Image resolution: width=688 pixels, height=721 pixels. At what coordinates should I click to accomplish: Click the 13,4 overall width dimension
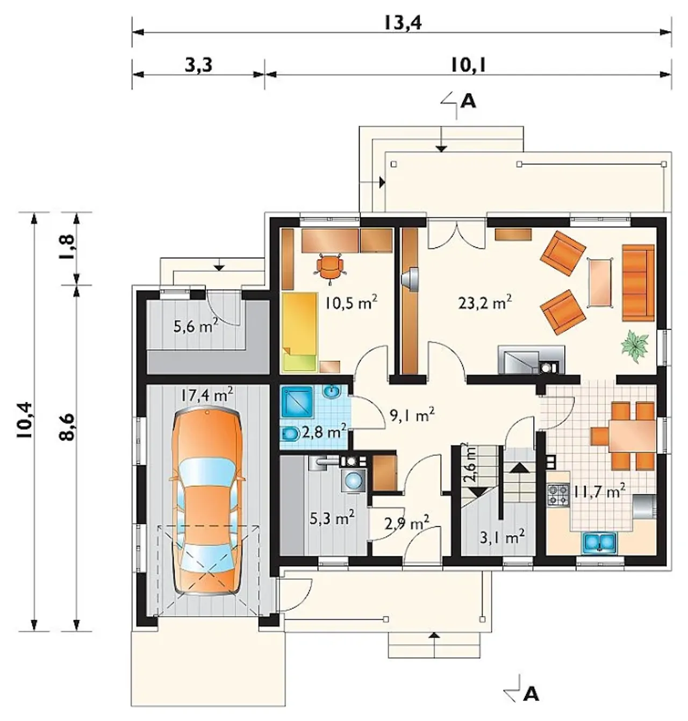[x=403, y=23]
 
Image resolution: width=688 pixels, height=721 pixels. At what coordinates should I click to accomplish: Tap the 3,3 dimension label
[x=198, y=65]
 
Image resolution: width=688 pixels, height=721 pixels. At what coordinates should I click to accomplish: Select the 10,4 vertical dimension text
[x=25, y=420]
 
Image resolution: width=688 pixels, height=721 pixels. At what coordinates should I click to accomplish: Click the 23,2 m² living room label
[x=485, y=302]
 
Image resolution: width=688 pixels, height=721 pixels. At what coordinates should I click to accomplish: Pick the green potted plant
[x=635, y=342]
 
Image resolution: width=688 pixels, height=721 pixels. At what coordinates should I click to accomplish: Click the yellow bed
[x=299, y=332]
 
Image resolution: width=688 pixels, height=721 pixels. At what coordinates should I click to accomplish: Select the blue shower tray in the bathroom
[x=298, y=401]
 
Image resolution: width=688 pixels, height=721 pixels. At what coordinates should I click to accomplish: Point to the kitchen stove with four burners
[x=558, y=495]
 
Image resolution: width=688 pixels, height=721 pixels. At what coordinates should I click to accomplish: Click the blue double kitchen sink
[x=600, y=541]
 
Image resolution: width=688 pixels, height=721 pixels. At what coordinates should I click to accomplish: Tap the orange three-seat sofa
[x=638, y=283]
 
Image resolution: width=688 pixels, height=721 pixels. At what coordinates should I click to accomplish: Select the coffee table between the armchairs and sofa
[x=600, y=282]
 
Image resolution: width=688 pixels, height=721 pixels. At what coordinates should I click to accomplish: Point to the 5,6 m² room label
[x=196, y=325]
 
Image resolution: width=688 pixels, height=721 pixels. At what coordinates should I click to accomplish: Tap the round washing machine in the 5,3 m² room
[x=354, y=480]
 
